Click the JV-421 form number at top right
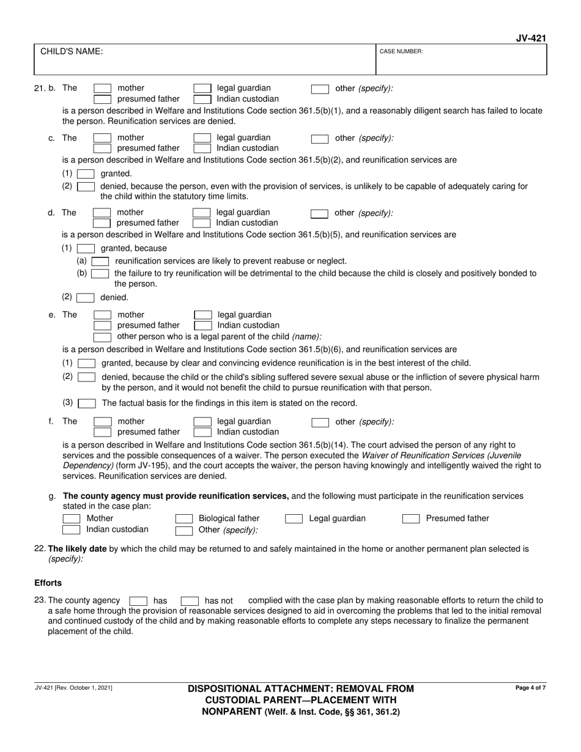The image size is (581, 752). click(x=531, y=38)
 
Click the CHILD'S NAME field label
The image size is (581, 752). click(x=72, y=52)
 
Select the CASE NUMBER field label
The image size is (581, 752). click(x=401, y=52)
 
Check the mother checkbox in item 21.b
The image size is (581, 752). click(x=102, y=88)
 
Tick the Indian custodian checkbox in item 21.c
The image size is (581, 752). click(x=202, y=148)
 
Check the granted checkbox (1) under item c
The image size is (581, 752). click(x=86, y=174)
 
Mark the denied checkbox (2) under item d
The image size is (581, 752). click(x=86, y=298)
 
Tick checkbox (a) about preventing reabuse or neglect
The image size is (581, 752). click(x=100, y=261)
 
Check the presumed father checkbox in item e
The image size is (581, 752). click(x=102, y=325)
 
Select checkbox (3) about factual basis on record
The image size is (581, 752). click(x=87, y=404)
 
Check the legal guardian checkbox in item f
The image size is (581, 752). click(x=202, y=421)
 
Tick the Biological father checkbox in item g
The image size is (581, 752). click(x=184, y=518)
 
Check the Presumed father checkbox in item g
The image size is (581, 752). click(x=411, y=518)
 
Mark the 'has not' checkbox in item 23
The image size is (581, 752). click(x=190, y=601)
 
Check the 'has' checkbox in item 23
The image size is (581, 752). click(x=138, y=601)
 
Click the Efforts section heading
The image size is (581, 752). click(x=48, y=583)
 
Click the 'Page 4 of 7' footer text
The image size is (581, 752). click(x=531, y=688)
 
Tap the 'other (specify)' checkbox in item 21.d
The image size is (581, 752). click(x=319, y=213)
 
